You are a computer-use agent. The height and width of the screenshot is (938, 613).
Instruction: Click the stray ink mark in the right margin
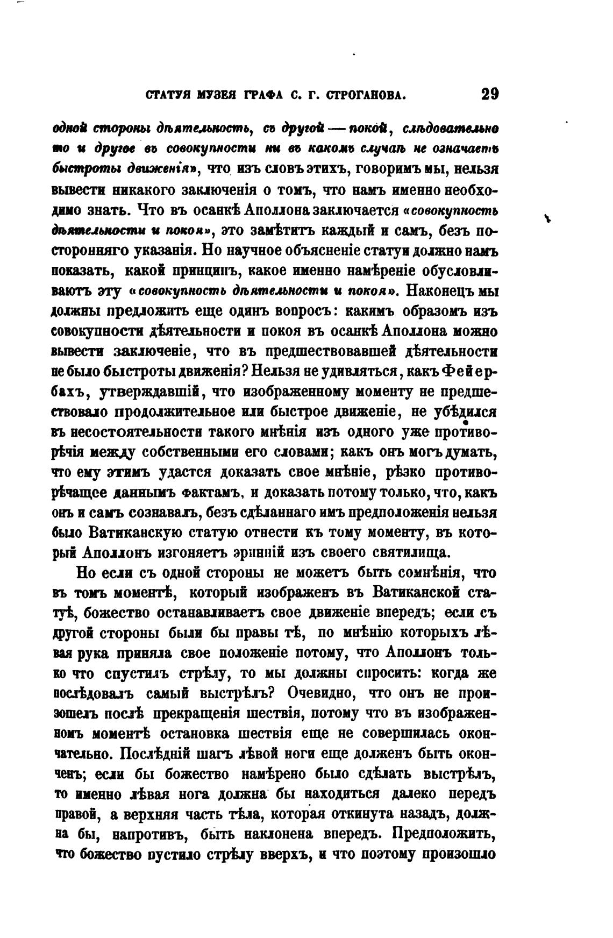tap(547, 217)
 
